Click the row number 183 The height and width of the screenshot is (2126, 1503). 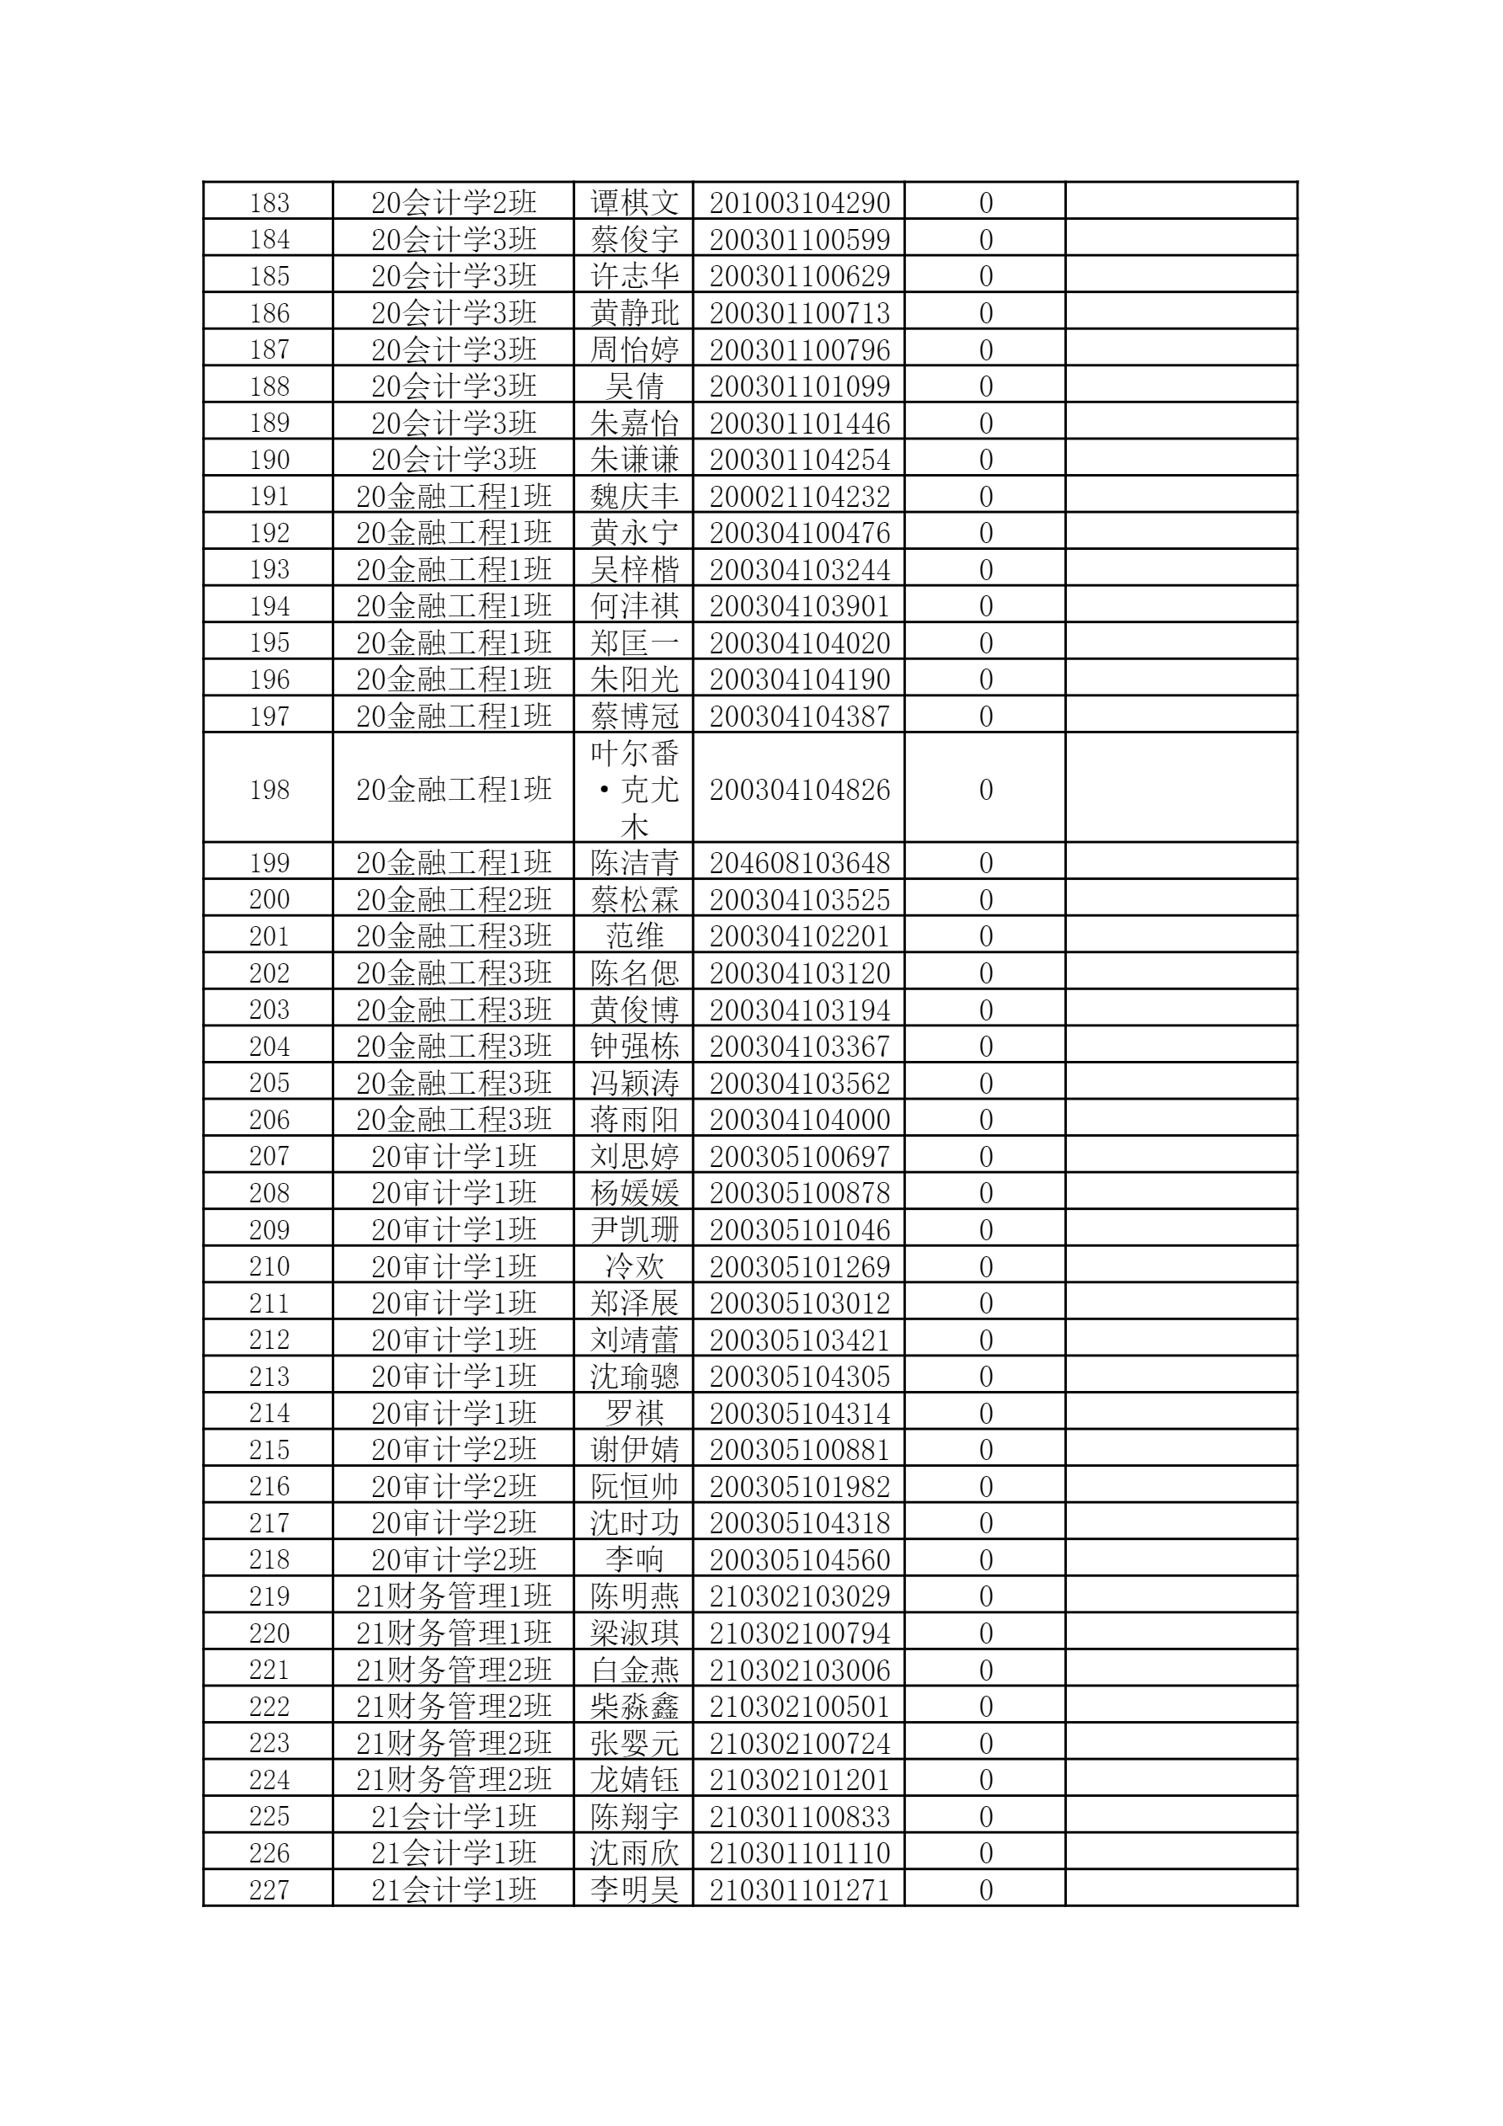[269, 202]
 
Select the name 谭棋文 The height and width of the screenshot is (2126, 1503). [634, 202]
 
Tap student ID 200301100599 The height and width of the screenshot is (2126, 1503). [799, 239]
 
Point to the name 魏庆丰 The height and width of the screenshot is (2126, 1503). [634, 495]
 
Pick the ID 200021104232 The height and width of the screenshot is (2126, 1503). [799, 495]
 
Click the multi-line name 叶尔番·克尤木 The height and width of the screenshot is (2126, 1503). [634, 789]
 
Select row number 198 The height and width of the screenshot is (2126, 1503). [269, 789]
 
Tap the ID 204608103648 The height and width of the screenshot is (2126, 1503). [799, 862]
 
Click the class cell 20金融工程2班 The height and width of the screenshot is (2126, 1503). [454, 899]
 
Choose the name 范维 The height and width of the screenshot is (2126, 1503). [634, 935]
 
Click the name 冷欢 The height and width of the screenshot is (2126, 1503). [634, 1265]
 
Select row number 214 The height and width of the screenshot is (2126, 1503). [269, 1412]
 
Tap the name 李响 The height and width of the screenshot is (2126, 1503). [634, 1559]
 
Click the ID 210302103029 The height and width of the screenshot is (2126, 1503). [799, 1596]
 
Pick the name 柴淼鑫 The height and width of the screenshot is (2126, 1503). [634, 1706]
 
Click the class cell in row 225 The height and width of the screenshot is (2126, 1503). [454, 1816]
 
